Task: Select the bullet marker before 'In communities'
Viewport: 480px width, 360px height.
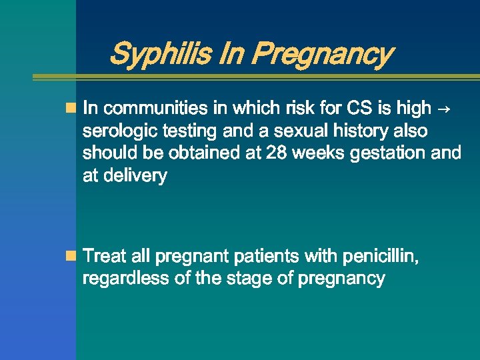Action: point(71,107)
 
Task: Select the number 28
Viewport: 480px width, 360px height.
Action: point(276,153)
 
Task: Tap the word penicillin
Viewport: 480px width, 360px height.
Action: point(380,256)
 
